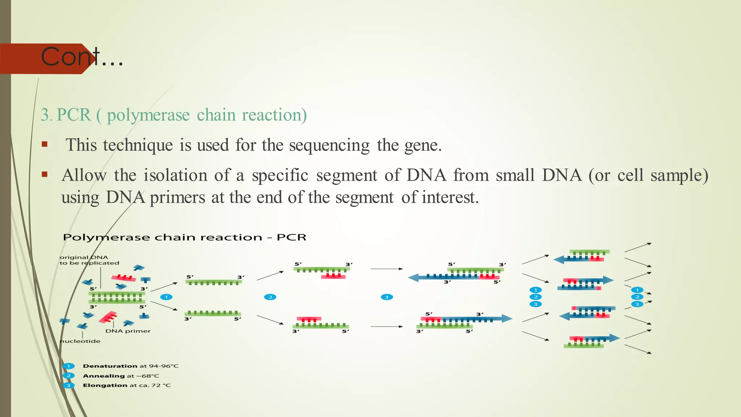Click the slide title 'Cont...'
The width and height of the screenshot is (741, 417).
click(x=82, y=57)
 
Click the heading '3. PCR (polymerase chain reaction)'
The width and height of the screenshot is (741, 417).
click(x=174, y=115)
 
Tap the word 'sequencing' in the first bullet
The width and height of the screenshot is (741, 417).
click(x=329, y=146)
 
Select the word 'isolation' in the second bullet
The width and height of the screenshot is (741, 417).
click(x=175, y=176)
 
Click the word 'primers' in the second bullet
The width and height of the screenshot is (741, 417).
click(x=177, y=198)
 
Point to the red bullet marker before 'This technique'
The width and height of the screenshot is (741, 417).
click(x=45, y=144)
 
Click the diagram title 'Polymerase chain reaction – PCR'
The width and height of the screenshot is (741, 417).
click(x=185, y=237)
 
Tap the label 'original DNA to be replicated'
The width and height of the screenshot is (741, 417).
click(x=89, y=260)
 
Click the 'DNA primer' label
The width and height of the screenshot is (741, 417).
click(x=128, y=331)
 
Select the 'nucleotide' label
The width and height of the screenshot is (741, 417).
click(x=80, y=341)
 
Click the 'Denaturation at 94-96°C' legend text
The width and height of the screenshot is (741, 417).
click(x=131, y=366)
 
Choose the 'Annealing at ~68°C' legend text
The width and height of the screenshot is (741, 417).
click(x=121, y=376)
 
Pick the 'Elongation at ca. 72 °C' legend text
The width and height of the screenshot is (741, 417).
click(x=127, y=385)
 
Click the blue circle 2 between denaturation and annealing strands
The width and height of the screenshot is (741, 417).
click(x=270, y=297)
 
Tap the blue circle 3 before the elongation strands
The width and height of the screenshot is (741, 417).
click(x=386, y=297)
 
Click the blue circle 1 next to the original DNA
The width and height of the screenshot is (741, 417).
click(x=166, y=297)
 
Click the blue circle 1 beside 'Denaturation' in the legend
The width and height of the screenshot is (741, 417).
click(x=68, y=366)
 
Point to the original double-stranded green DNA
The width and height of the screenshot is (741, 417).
click(x=117, y=298)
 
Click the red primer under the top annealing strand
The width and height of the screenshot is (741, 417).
click(x=333, y=276)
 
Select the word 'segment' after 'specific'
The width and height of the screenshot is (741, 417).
click(x=346, y=176)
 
